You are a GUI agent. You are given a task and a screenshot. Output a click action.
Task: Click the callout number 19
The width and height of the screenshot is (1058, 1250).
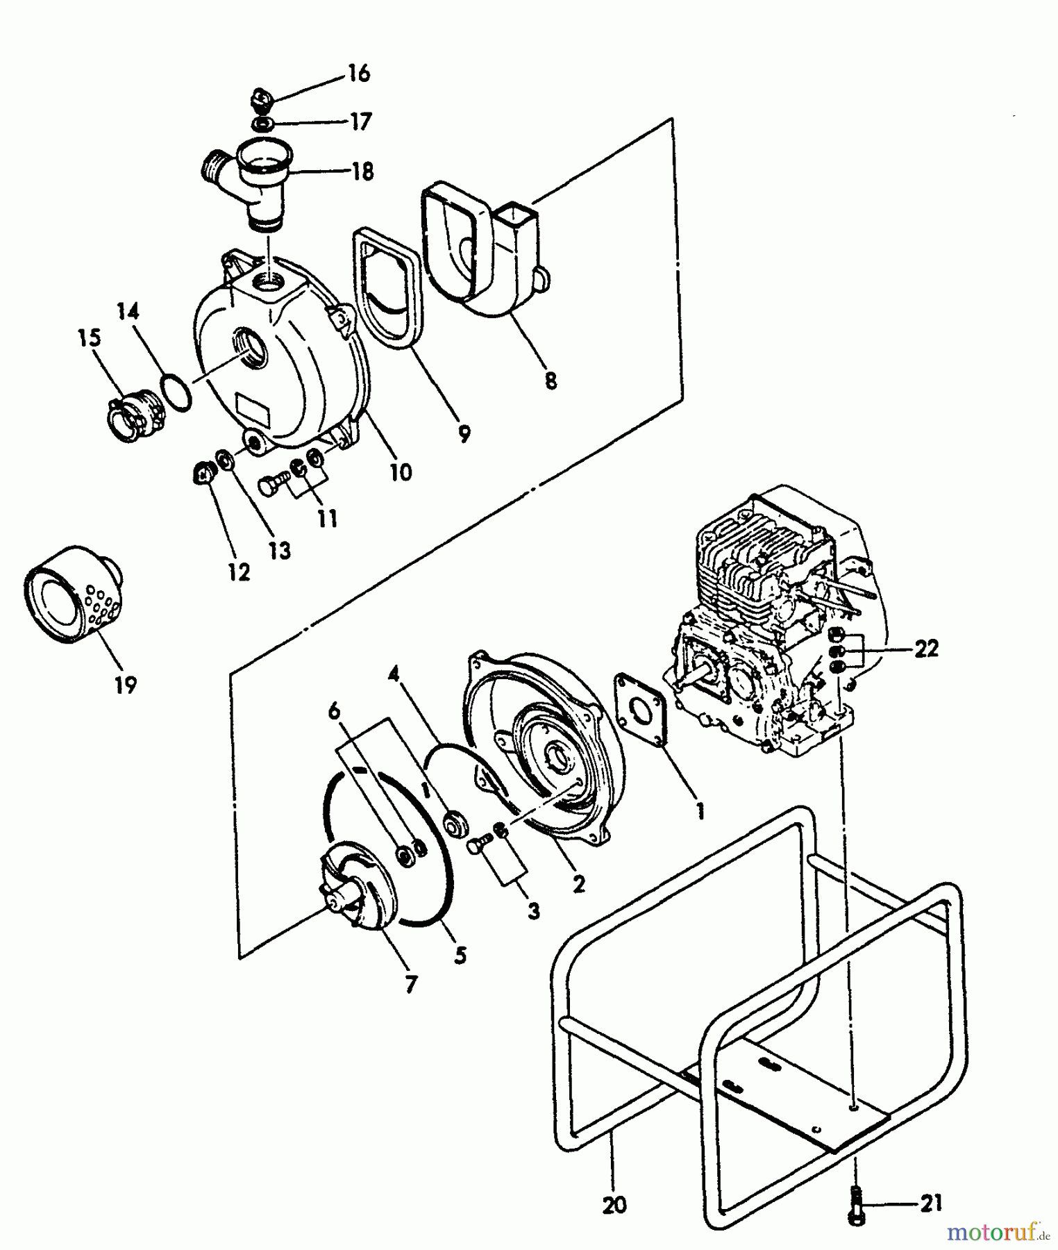click(x=126, y=685)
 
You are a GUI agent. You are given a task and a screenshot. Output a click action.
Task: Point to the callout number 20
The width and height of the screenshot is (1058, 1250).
click(x=614, y=1204)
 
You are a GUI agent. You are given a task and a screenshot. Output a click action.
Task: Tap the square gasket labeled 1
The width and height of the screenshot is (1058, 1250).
click(x=640, y=708)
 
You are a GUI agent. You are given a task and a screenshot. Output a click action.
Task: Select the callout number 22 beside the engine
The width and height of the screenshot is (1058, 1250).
click(x=926, y=649)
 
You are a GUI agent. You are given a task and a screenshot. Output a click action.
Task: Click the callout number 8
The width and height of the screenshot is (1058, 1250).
click(x=551, y=381)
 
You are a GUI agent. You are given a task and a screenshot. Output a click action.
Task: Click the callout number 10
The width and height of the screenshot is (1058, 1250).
click(x=401, y=472)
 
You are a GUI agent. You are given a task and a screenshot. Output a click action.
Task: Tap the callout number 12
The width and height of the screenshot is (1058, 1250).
click(x=238, y=572)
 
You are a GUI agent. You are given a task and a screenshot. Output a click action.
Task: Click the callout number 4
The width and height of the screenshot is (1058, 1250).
click(x=394, y=673)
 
